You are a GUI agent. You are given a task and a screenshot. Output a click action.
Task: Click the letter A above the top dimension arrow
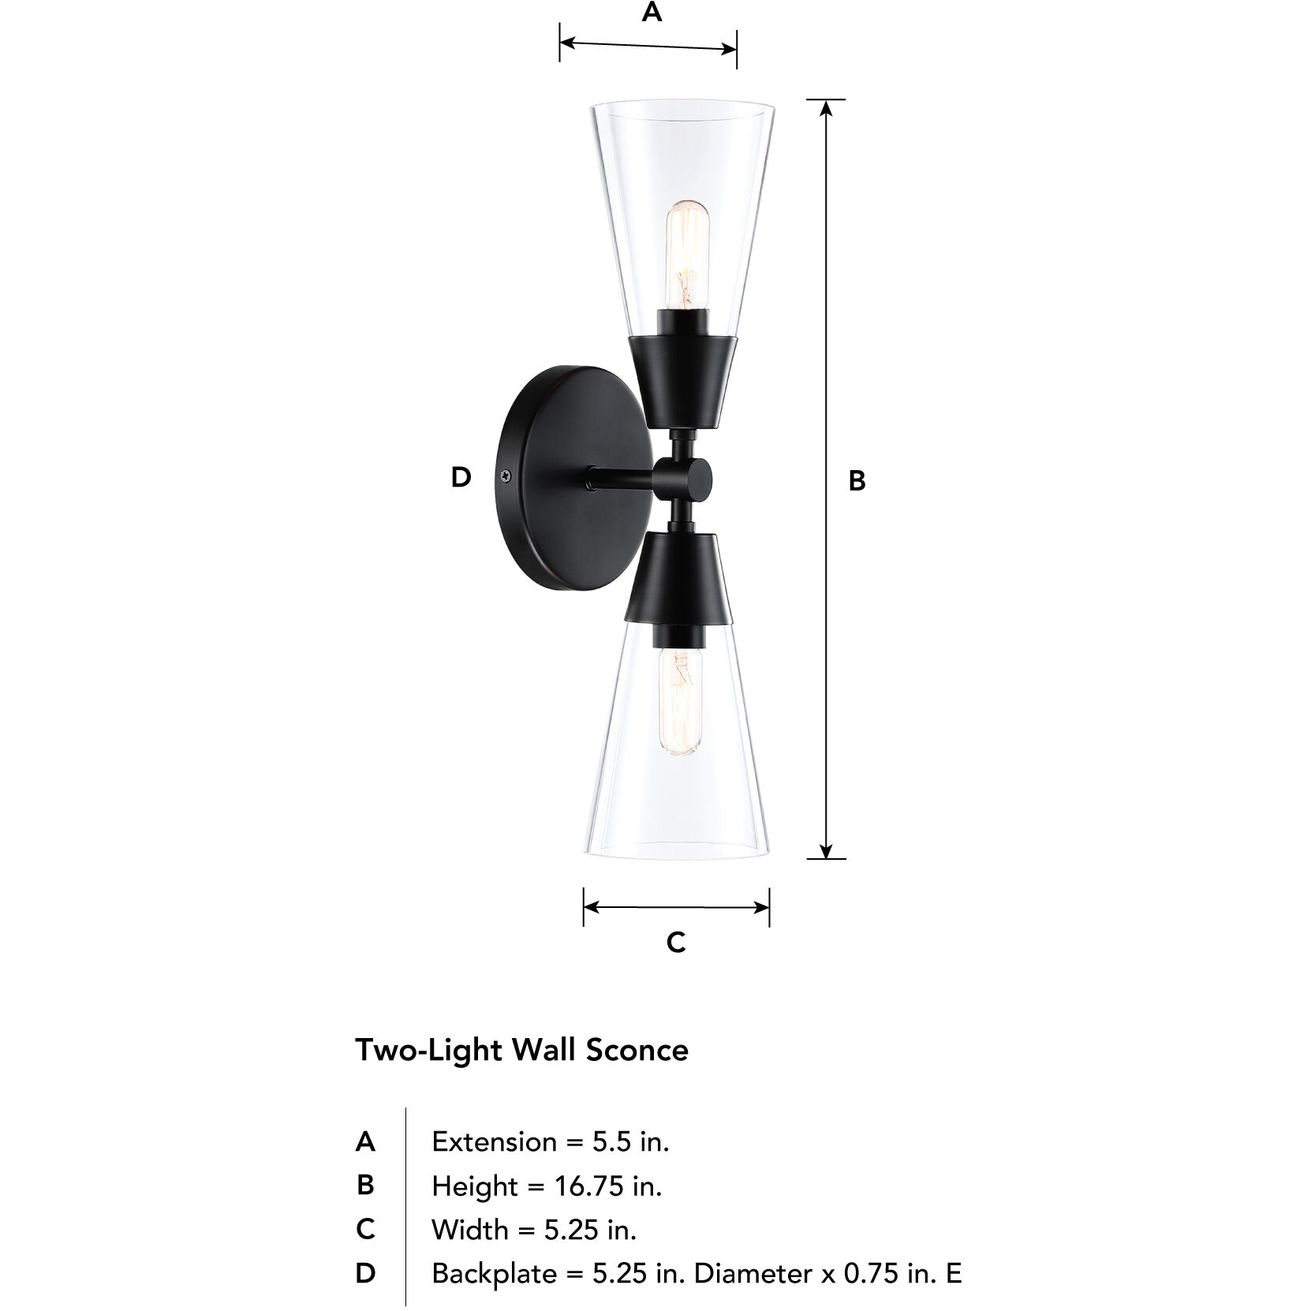click(x=652, y=13)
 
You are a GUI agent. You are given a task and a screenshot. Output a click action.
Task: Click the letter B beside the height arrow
click(x=857, y=480)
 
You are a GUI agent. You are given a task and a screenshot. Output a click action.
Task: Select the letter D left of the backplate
click(x=461, y=476)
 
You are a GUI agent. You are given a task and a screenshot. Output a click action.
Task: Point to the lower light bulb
click(x=679, y=702)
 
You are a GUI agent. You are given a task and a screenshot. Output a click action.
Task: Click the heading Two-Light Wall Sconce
click(x=521, y=1050)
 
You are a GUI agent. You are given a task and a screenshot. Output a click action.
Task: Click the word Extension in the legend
click(x=495, y=1141)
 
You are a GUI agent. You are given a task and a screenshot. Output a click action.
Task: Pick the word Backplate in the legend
click(x=494, y=1273)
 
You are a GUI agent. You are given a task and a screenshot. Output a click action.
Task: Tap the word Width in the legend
click(x=470, y=1229)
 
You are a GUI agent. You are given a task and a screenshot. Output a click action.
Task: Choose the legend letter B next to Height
click(x=365, y=1185)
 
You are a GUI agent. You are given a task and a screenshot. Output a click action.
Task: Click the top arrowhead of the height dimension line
click(x=826, y=107)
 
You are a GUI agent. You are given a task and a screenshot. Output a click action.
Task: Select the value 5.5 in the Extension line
click(x=612, y=1141)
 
